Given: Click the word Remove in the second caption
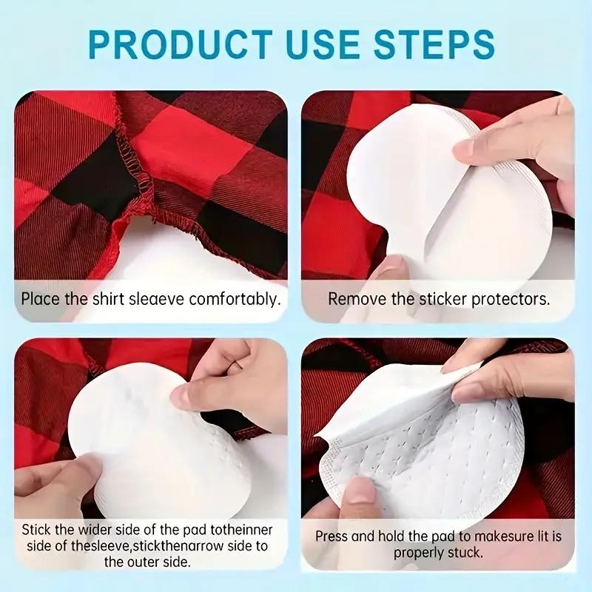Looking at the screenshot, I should (351, 300).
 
